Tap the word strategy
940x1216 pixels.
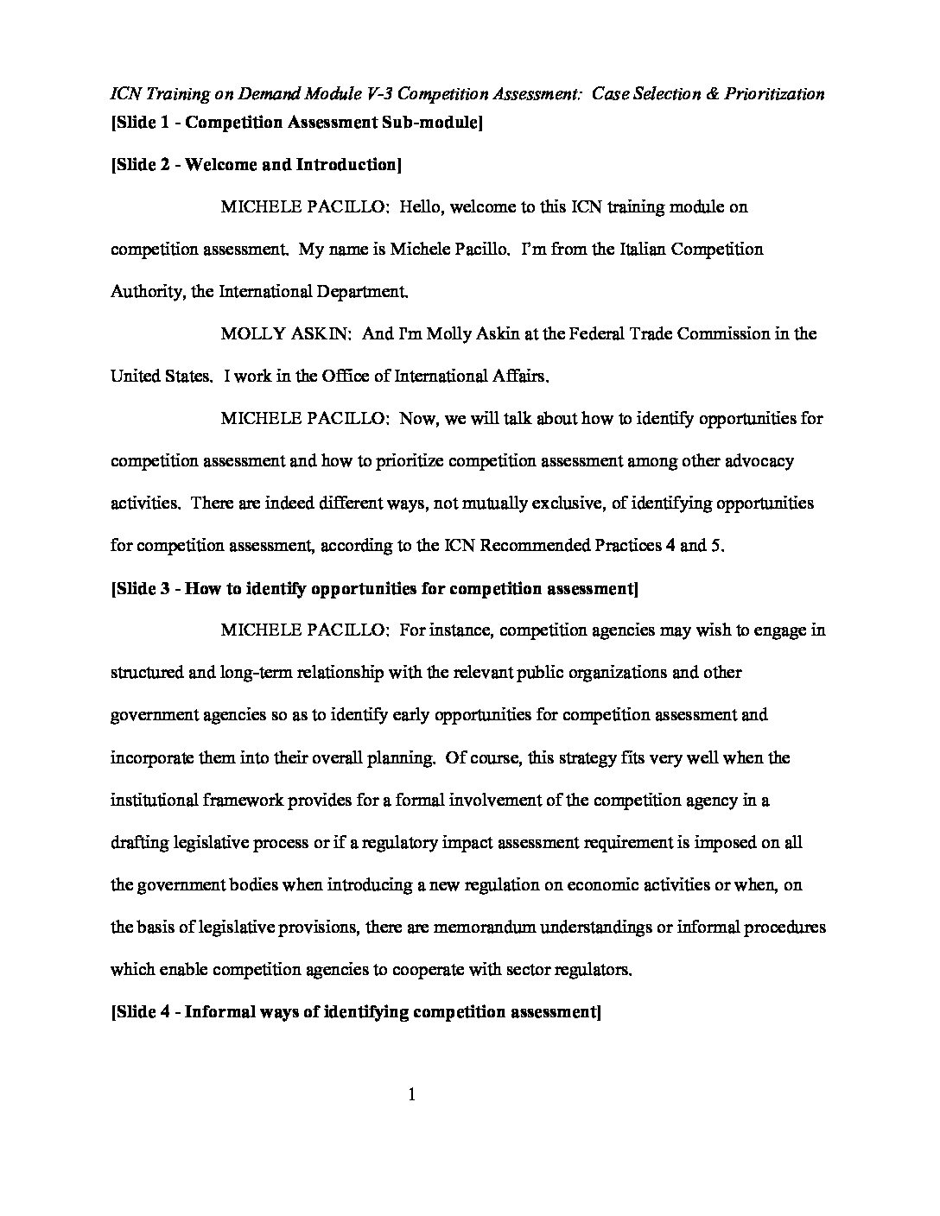(580, 757)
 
